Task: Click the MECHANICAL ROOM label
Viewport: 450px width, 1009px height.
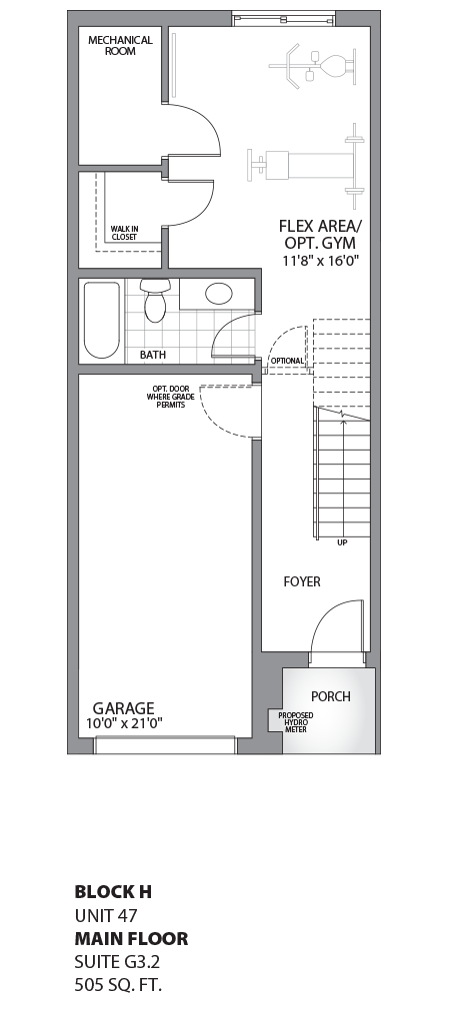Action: pos(120,45)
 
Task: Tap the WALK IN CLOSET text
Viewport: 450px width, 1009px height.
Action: pos(124,233)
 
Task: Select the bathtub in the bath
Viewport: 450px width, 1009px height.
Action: pos(101,320)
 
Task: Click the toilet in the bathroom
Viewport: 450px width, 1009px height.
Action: pos(154,301)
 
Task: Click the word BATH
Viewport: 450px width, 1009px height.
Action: pos(153,355)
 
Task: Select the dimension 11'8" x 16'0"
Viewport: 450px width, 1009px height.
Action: pos(320,261)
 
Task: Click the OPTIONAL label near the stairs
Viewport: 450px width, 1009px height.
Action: pos(287,361)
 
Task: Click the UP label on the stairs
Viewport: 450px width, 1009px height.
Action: pos(342,543)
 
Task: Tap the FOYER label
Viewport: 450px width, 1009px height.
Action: pos(302,581)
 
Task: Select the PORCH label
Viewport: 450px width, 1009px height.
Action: pos(331,696)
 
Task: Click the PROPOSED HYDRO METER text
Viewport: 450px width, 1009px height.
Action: pos(296,722)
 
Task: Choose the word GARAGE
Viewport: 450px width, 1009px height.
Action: pos(123,707)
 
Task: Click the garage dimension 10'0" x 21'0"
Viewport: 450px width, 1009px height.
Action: pos(123,723)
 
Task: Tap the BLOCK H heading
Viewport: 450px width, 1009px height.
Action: pos(114,891)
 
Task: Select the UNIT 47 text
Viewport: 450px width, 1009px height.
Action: pos(105,915)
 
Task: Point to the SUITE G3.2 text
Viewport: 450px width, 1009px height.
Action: pos(115,963)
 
